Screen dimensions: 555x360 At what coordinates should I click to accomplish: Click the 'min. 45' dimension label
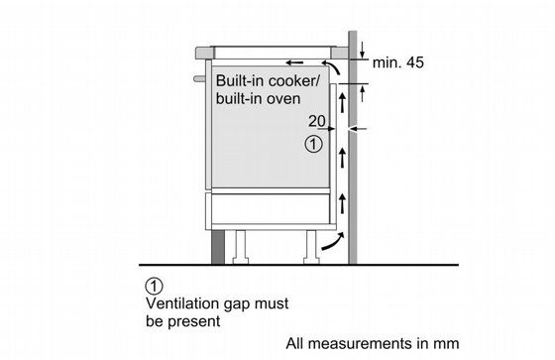(x=397, y=62)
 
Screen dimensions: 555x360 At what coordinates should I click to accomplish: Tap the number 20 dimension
(x=316, y=121)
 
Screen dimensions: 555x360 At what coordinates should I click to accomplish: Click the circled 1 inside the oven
(x=313, y=145)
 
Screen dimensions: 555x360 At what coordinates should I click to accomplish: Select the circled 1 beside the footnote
(x=155, y=286)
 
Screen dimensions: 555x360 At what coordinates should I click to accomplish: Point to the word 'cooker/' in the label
(x=293, y=80)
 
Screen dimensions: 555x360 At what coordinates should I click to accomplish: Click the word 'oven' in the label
(x=283, y=99)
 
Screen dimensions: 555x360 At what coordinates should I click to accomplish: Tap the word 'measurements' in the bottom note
(x=357, y=344)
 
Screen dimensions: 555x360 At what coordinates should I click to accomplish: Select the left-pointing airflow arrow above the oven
(x=294, y=62)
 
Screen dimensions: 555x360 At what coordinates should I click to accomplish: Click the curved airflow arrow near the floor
(x=333, y=242)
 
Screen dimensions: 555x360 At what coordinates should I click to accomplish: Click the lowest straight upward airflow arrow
(x=342, y=203)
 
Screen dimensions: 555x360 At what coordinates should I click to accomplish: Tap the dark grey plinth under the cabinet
(x=218, y=247)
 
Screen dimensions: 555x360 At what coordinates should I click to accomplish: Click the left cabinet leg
(x=241, y=247)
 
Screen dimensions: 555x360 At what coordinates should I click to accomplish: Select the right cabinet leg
(x=311, y=247)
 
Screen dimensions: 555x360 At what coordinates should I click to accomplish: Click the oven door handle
(x=199, y=78)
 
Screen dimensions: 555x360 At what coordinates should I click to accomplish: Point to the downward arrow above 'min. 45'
(x=362, y=50)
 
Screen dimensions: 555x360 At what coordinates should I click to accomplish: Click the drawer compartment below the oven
(x=271, y=208)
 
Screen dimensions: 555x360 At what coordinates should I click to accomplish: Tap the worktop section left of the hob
(x=204, y=53)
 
